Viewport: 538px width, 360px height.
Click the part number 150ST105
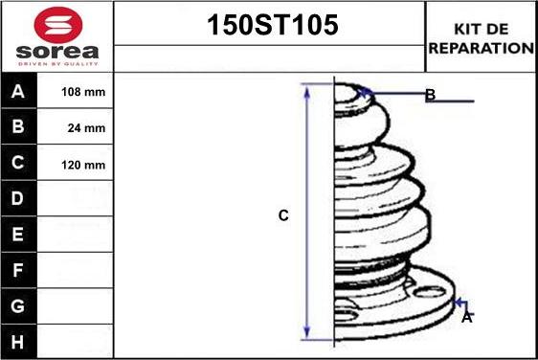click(x=273, y=26)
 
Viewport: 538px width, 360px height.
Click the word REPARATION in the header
click(x=481, y=47)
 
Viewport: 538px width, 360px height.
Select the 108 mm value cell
click(x=83, y=93)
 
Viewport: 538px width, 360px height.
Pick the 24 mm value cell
click(x=83, y=127)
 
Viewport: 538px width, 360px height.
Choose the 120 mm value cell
click(x=83, y=164)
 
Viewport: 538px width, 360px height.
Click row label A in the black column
click(x=17, y=93)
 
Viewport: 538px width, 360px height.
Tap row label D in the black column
click(x=17, y=199)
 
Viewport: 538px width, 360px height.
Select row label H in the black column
click(x=17, y=341)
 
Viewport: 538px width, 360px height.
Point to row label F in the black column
click(x=17, y=270)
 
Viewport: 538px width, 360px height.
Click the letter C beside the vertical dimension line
click(x=283, y=216)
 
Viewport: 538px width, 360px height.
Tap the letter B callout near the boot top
click(x=430, y=95)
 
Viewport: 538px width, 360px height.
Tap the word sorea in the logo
click(x=56, y=51)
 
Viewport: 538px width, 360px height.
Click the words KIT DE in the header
click(x=481, y=30)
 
